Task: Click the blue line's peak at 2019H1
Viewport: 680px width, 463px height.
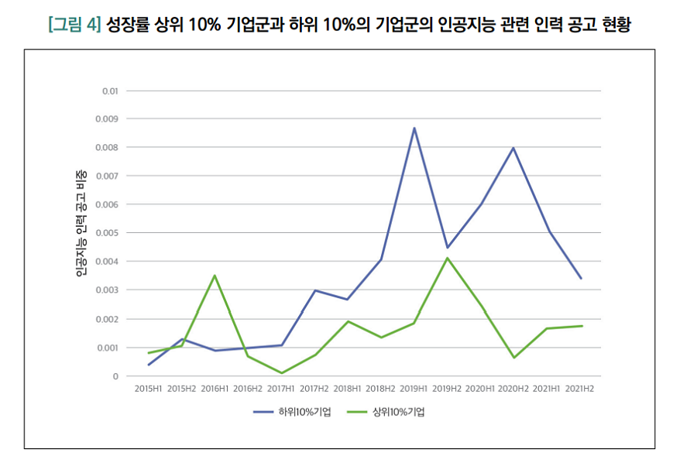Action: [x=414, y=128]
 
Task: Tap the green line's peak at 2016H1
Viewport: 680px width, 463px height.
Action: [x=215, y=276]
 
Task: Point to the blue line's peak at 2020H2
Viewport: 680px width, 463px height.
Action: [x=513, y=148]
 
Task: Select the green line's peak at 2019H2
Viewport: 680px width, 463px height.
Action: [x=447, y=258]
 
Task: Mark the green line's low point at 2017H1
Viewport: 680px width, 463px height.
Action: [x=281, y=373]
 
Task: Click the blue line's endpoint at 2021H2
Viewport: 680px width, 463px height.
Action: [x=580, y=279]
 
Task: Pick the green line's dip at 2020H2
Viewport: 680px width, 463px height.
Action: [x=513, y=358]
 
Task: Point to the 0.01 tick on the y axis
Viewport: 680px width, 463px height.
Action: [x=109, y=91]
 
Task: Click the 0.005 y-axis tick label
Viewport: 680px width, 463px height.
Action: [x=107, y=233]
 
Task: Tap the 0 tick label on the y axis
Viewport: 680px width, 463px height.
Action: [x=115, y=376]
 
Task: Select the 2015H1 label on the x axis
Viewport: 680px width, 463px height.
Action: [x=148, y=388]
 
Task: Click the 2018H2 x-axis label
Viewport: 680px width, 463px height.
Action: [x=380, y=388]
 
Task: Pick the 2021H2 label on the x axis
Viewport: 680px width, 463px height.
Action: [x=580, y=388]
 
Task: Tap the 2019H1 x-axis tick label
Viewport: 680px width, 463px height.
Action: [x=414, y=388]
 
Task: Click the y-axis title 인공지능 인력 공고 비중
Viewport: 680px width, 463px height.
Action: [x=81, y=223]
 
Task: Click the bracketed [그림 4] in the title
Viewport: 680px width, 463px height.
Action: [x=74, y=25]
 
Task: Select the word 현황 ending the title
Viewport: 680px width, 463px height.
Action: [x=616, y=25]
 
